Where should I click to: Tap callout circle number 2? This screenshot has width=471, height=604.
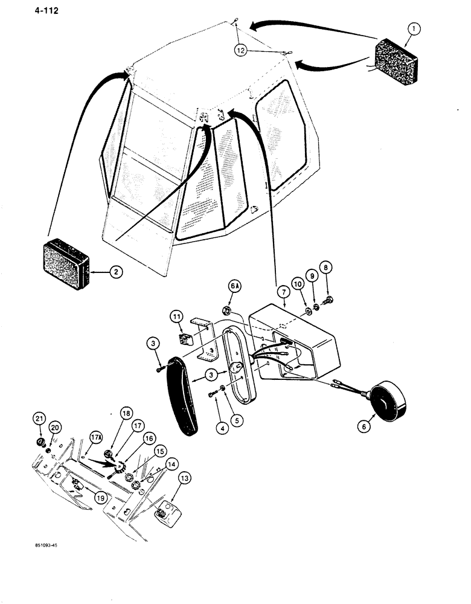[117, 272]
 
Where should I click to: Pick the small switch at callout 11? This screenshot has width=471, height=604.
[185, 335]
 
